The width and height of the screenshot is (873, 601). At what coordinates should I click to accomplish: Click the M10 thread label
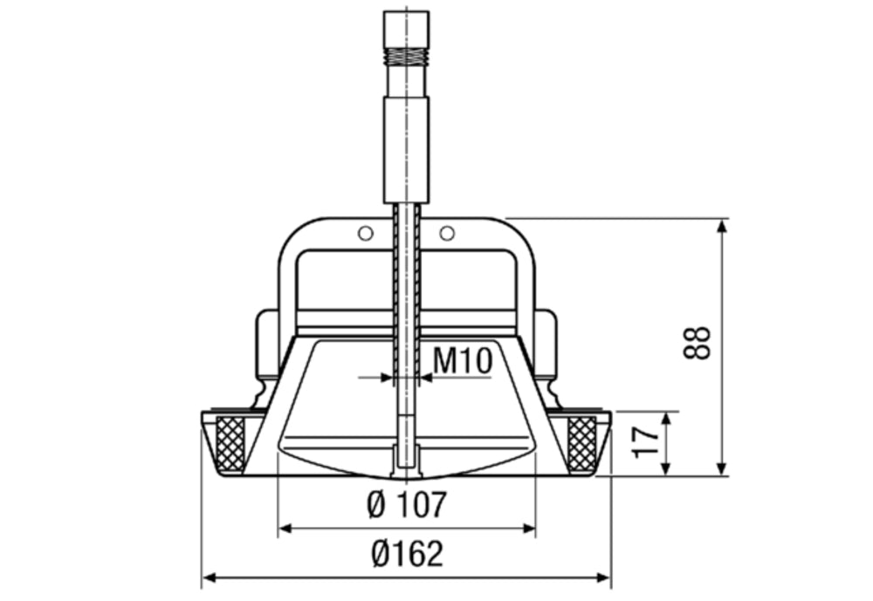coord(464,359)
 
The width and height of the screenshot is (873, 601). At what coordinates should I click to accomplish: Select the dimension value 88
coord(698,343)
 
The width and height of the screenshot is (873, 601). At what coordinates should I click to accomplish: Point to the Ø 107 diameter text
coord(407,504)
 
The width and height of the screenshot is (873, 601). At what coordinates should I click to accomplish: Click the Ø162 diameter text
coord(407,554)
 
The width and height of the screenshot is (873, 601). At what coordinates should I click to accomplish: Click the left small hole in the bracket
coord(366,233)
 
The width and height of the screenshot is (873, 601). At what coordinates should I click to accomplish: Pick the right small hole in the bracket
coord(447,233)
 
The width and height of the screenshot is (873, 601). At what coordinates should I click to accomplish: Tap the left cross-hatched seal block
coord(230,443)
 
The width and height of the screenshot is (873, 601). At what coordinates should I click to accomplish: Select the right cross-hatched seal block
coord(582,443)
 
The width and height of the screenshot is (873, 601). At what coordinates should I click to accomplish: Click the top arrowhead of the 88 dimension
coord(722,226)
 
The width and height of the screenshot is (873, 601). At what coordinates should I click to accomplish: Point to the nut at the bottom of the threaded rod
coord(407,458)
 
